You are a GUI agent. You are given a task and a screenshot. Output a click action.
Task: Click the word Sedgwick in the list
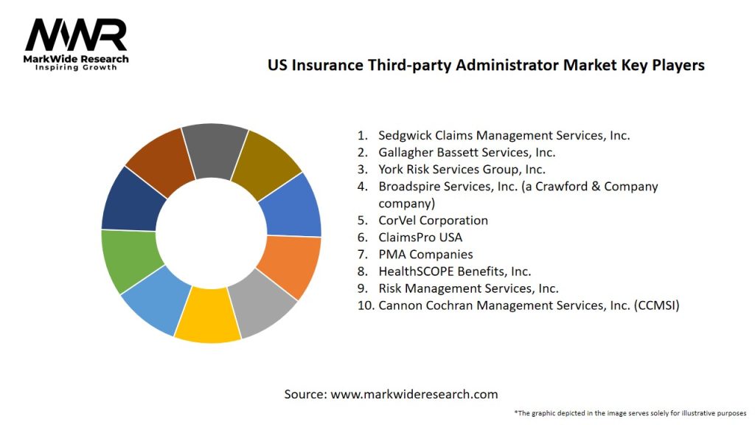(x=404, y=135)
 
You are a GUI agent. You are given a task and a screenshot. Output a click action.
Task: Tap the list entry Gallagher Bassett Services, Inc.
(x=467, y=152)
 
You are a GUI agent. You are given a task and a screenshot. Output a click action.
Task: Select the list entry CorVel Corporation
(x=433, y=220)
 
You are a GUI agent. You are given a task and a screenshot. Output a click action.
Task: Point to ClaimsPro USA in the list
(x=420, y=237)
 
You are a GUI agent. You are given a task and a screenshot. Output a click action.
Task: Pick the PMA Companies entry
(x=425, y=254)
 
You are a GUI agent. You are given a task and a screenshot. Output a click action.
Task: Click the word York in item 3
(x=392, y=169)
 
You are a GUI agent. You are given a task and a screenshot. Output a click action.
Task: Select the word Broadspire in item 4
(x=409, y=186)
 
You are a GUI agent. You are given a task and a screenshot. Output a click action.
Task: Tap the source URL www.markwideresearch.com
(x=414, y=394)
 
